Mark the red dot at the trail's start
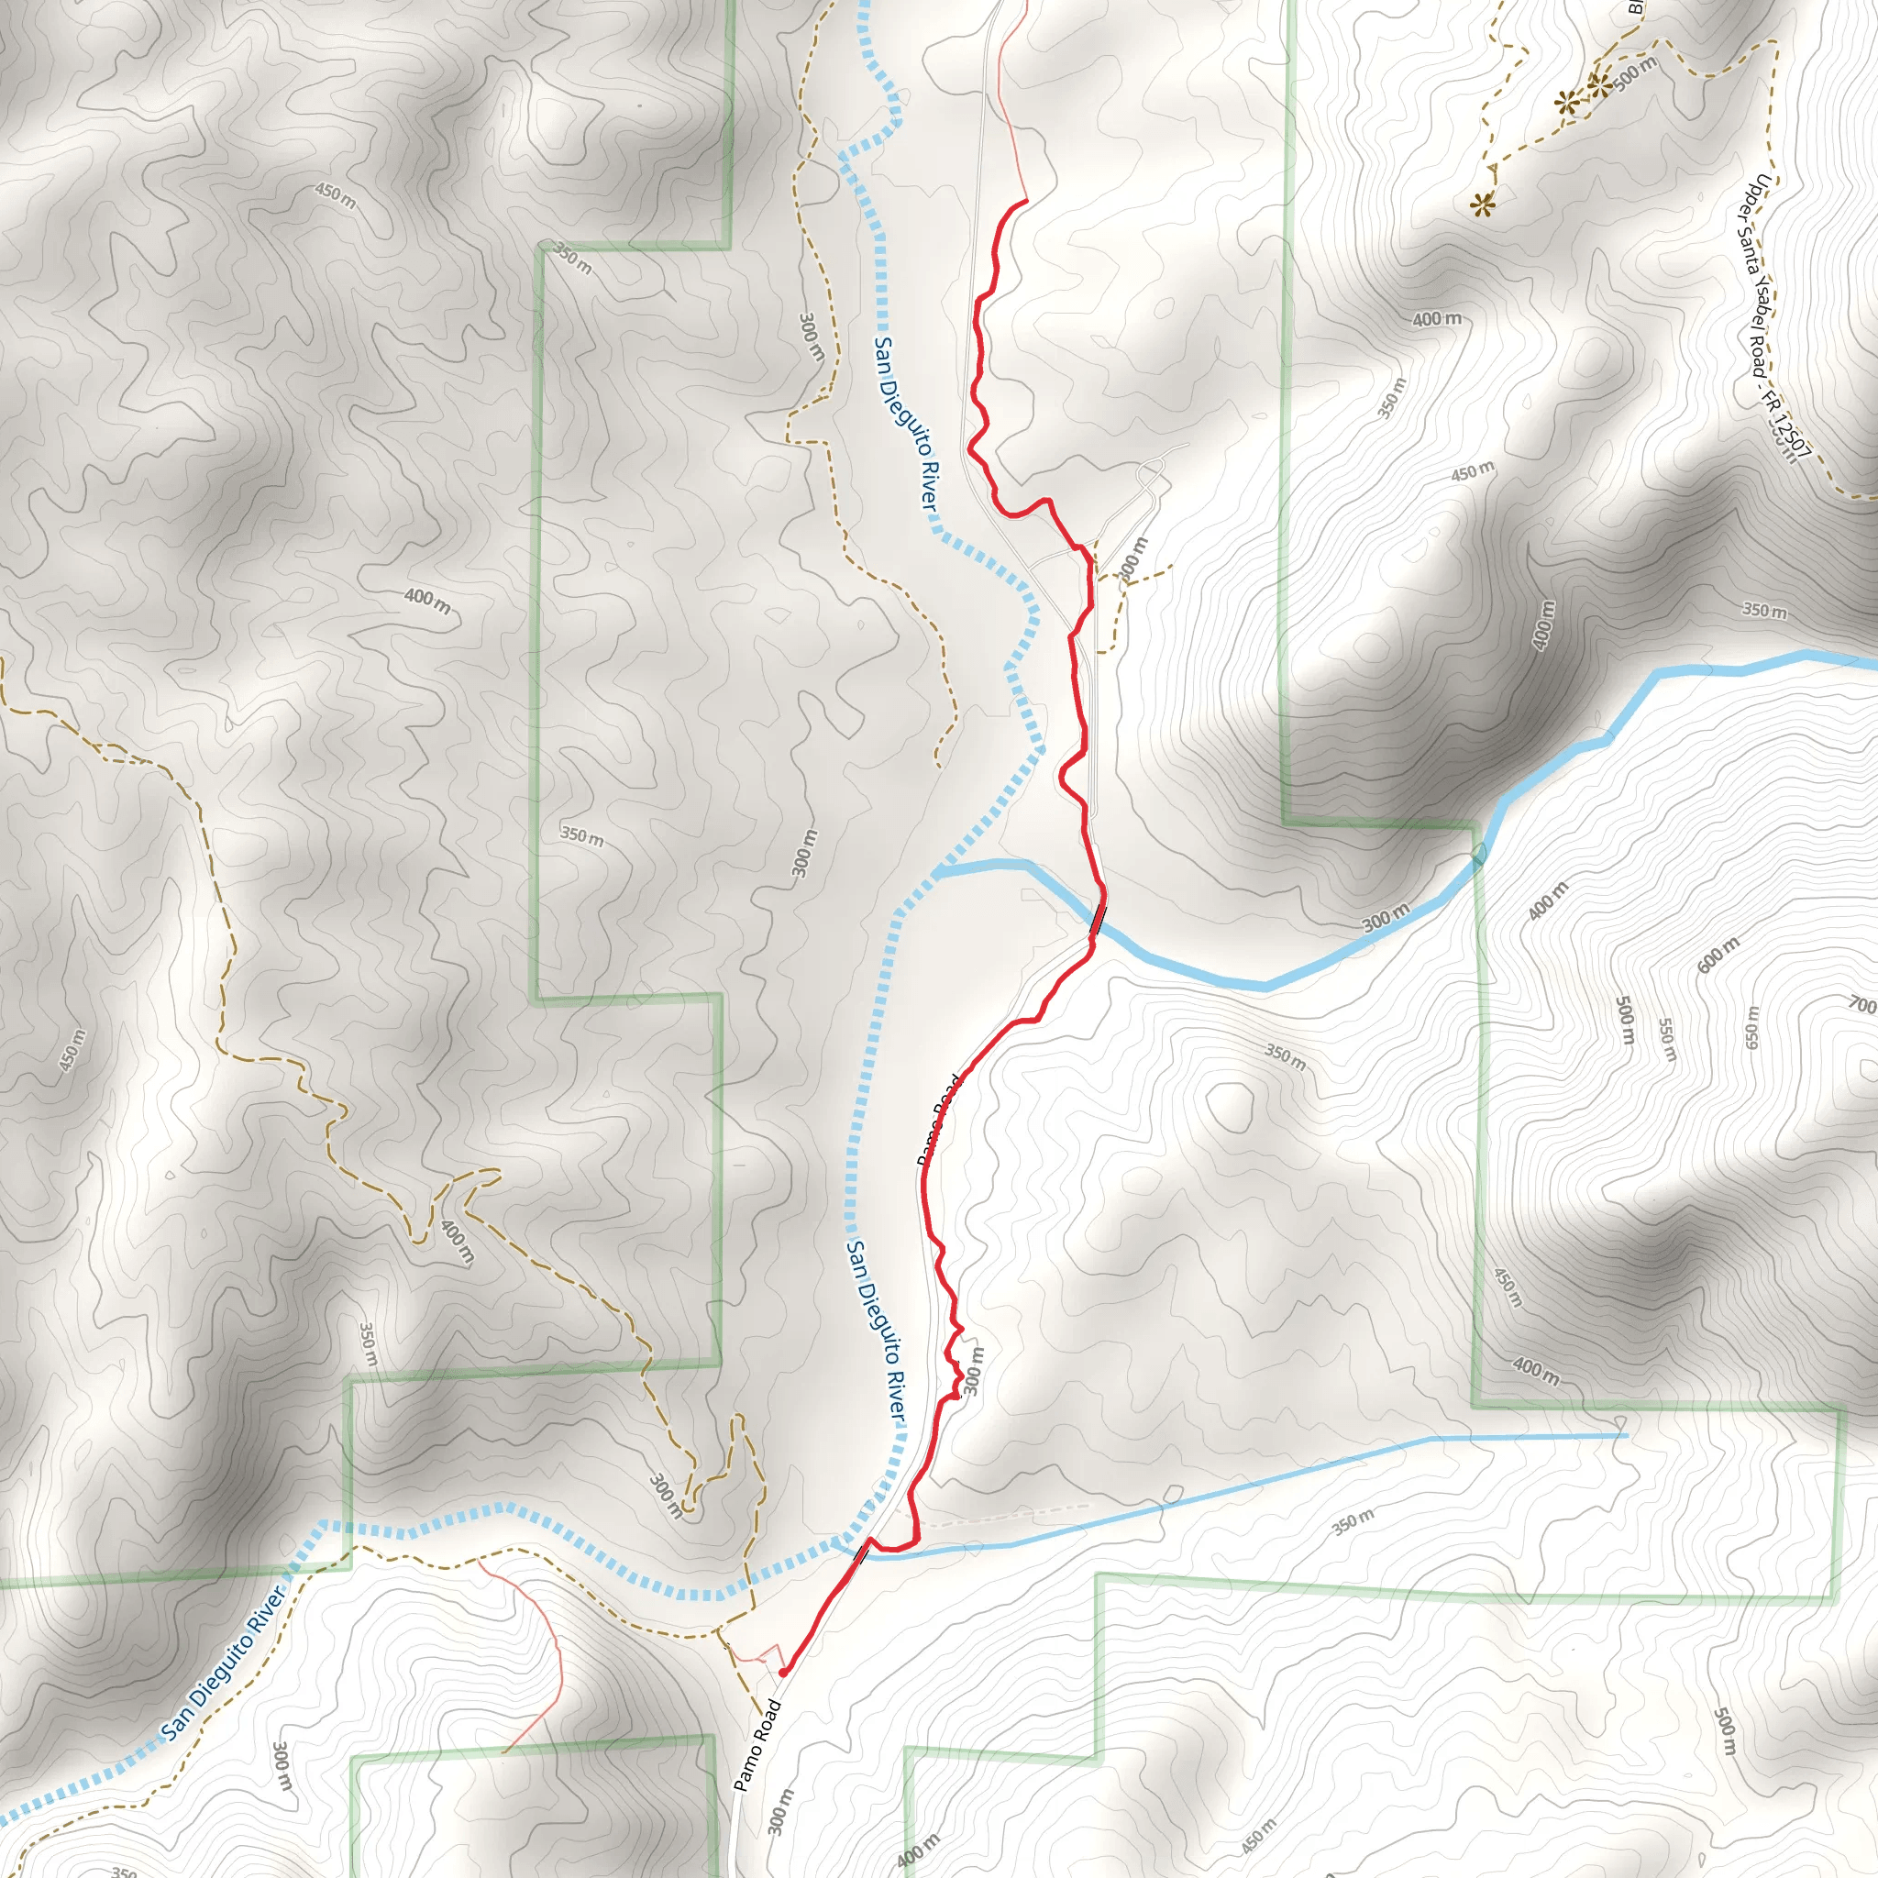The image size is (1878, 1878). (x=782, y=1672)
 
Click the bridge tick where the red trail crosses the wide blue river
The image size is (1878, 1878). (x=1098, y=919)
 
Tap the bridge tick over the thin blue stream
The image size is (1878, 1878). (x=860, y=1553)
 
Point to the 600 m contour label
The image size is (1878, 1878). (x=1718, y=956)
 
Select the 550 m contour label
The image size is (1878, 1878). (x=1666, y=1040)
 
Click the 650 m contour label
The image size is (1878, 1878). (x=1751, y=1027)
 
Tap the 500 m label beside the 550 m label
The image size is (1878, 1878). (x=1624, y=1021)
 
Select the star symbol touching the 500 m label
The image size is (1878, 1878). (x=1599, y=85)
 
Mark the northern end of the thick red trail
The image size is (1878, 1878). (x=1026, y=200)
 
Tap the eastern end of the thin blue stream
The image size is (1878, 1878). (x=1626, y=1435)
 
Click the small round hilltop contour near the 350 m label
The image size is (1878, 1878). (x=1230, y=1106)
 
